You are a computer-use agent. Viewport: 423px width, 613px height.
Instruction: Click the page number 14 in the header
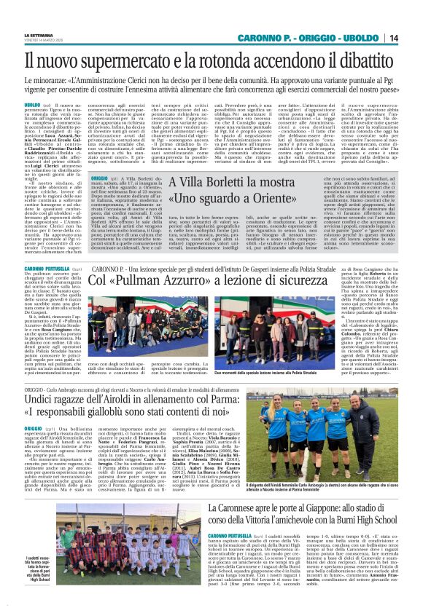coord(413,38)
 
